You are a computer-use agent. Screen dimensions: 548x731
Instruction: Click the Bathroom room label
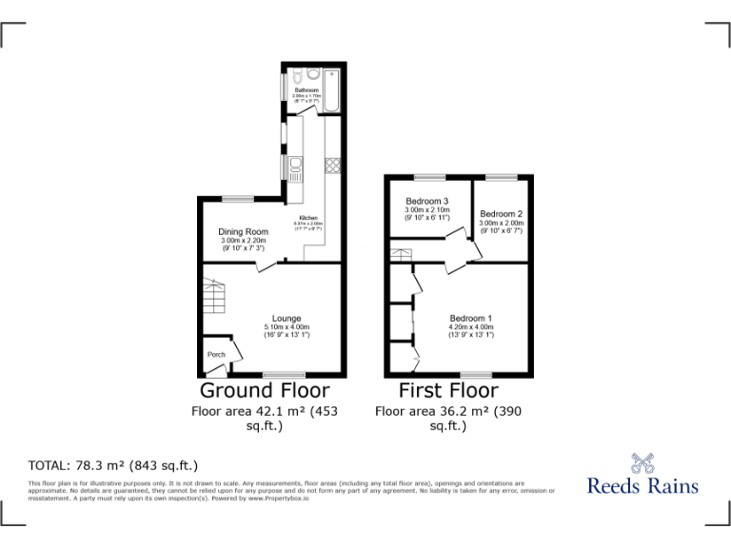[x=306, y=91]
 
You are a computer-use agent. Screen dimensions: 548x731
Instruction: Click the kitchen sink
[x=294, y=170]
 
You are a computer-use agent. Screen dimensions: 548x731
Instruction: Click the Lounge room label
[x=286, y=319]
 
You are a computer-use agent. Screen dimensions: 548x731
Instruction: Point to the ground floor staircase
[x=214, y=295]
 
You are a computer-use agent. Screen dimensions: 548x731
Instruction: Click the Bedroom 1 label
[x=471, y=318]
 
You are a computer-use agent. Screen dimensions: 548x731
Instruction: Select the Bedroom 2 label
[x=502, y=214]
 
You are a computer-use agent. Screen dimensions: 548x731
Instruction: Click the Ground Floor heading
[x=265, y=391]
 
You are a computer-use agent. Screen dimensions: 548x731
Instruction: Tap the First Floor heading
[x=448, y=391]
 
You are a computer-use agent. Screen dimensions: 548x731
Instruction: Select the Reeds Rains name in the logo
[x=642, y=485]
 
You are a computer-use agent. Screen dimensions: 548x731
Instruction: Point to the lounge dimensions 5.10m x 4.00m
[x=286, y=327]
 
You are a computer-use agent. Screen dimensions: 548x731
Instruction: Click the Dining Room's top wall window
[x=238, y=198]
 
